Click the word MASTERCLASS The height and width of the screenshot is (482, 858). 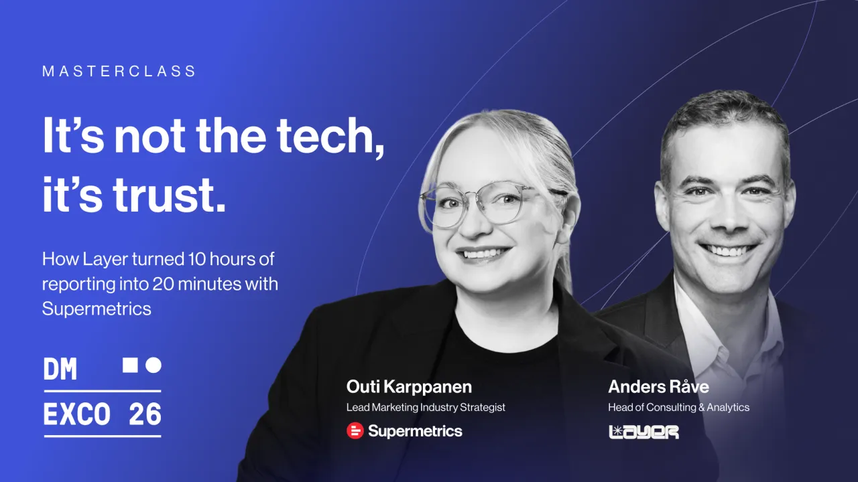[119, 71]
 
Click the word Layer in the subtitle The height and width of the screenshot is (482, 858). [105, 260]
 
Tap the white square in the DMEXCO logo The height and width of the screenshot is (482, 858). [130, 365]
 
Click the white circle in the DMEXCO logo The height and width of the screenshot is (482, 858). [154, 365]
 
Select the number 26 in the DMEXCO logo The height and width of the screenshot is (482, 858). [145, 414]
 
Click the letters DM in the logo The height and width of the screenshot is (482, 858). [60, 369]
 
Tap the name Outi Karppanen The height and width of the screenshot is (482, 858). [409, 387]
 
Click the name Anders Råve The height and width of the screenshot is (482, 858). [658, 387]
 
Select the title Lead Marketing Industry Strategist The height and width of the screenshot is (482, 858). [426, 408]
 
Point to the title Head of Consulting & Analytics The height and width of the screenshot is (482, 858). [679, 408]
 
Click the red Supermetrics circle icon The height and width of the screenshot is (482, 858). [355, 430]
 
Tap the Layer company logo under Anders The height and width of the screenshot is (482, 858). [644, 432]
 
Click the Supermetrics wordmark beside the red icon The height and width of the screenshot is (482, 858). [415, 432]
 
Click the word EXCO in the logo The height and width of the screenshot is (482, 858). [77, 414]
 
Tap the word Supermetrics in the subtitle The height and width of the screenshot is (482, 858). [97, 309]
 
